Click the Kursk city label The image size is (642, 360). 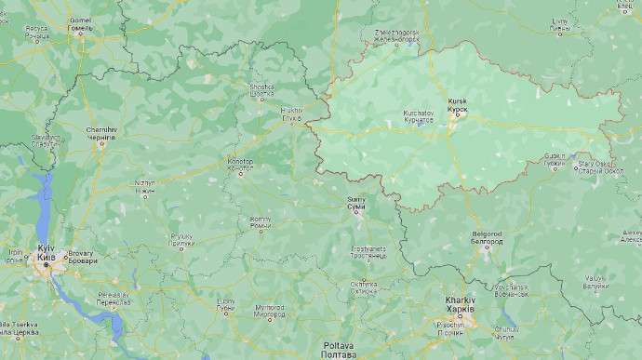click(x=458, y=103)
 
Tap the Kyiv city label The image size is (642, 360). click(x=46, y=252)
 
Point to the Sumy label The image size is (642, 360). click(x=356, y=202)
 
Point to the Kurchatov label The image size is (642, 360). click(x=418, y=116)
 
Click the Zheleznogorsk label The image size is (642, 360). click(x=396, y=35)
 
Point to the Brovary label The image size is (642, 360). click(x=80, y=256)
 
